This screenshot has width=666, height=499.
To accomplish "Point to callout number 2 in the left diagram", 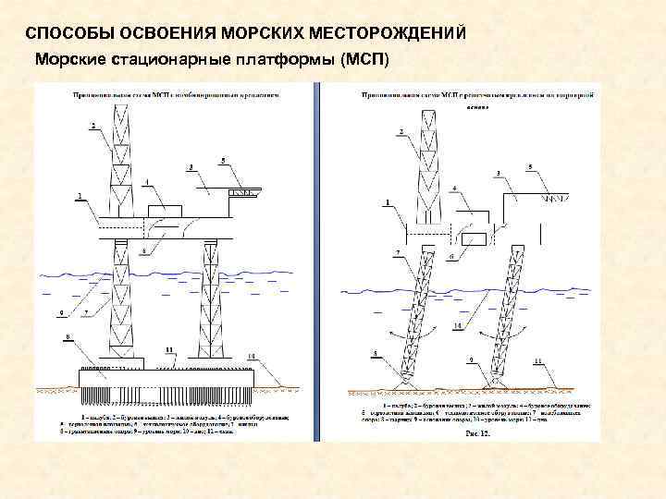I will click(x=92, y=124).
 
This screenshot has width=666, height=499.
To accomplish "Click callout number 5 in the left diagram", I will click(x=223, y=161).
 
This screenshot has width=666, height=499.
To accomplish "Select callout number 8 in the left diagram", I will click(x=67, y=338).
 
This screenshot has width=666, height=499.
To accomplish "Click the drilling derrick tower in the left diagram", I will click(x=123, y=162).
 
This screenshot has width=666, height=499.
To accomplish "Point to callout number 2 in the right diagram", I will click(x=401, y=132).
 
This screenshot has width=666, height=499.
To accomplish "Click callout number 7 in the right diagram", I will click(x=398, y=251).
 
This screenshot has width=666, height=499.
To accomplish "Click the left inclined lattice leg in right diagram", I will click(x=421, y=314).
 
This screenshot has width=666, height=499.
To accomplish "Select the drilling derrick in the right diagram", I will click(x=429, y=166).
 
